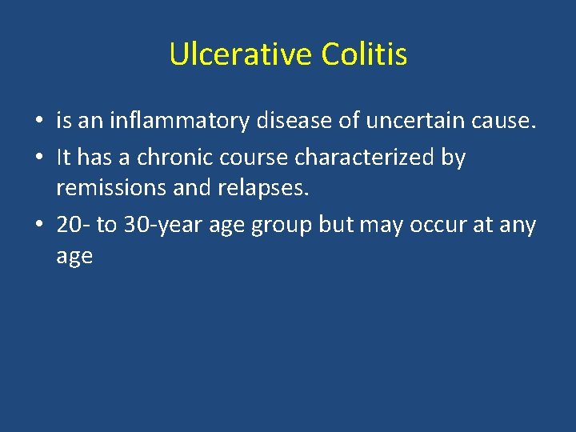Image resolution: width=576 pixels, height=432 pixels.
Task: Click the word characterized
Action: pyautogui.click(x=364, y=158)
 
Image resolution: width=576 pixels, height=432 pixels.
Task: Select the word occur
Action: pyautogui.click(x=438, y=225)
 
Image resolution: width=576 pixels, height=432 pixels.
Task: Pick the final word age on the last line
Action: pyautogui.click(x=74, y=257)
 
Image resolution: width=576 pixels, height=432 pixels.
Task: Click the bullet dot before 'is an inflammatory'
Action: pyautogui.click(x=39, y=122)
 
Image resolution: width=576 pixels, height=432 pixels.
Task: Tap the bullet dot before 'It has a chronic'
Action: pyautogui.click(x=39, y=158)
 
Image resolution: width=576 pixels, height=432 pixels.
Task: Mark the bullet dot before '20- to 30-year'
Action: pyautogui.click(x=39, y=226)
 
